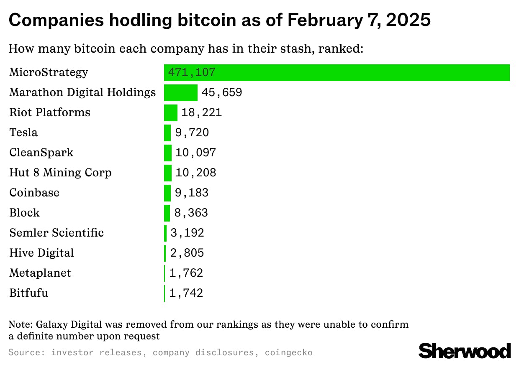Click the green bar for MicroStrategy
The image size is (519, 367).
(337, 73)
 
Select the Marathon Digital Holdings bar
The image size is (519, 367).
(180, 93)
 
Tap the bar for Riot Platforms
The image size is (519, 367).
(171, 113)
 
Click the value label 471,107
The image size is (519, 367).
(192, 73)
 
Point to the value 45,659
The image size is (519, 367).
(222, 92)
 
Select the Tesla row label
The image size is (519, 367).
(23, 133)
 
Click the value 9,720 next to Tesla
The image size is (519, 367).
(192, 133)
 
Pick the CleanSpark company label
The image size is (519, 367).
(41, 153)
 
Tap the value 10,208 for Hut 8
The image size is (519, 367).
(196, 173)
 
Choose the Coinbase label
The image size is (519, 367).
(34, 193)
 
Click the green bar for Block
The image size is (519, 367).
(167, 213)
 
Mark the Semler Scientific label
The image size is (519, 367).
(57, 233)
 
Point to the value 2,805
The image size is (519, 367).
(187, 253)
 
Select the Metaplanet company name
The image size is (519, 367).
(40, 273)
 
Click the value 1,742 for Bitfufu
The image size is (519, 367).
(186, 293)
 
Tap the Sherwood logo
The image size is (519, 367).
(465, 350)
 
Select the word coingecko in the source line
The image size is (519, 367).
(288, 352)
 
